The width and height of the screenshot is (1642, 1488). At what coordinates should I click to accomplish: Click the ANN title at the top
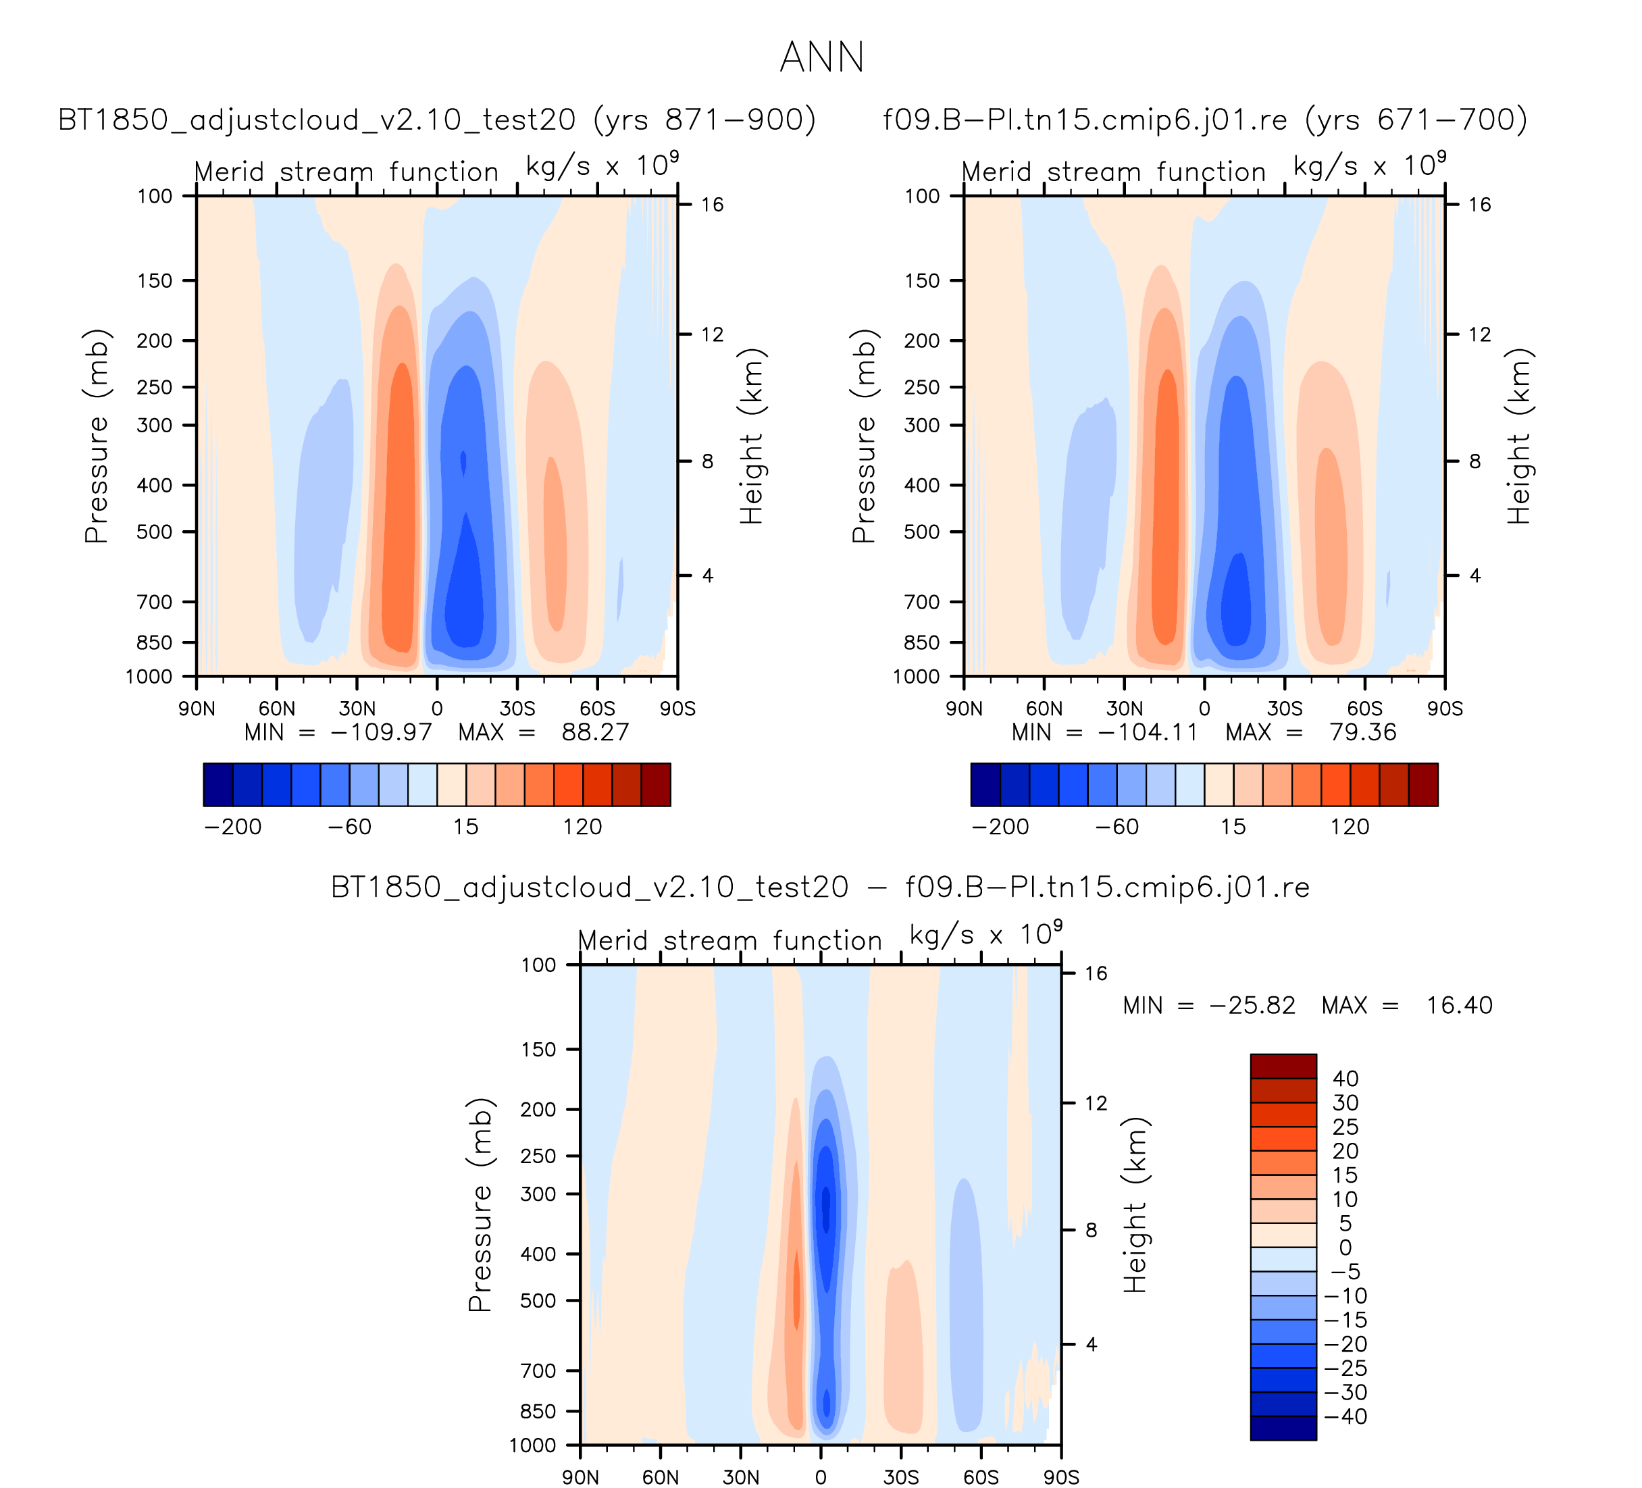pos(821,57)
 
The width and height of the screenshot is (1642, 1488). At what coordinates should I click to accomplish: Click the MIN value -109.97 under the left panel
pos(380,732)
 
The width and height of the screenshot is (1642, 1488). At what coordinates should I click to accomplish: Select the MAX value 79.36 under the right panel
pos(1362,732)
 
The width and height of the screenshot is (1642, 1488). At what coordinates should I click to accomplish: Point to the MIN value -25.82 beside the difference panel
pos(1252,1005)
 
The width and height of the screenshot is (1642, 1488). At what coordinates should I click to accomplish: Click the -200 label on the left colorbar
pos(233,827)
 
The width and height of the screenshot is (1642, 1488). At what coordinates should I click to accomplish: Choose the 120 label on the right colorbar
pos(1350,827)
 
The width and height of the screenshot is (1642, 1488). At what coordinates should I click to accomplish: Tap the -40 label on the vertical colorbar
pos(1345,1416)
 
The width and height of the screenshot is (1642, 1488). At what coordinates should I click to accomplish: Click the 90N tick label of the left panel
pos(197,709)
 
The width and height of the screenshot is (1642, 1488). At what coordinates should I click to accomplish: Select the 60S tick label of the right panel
pos(1364,709)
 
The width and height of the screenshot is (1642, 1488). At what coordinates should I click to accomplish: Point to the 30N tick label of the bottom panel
pos(740,1477)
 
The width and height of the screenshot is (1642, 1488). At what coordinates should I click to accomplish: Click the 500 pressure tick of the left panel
pos(155,532)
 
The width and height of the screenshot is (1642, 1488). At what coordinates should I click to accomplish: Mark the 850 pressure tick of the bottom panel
pos(538,1412)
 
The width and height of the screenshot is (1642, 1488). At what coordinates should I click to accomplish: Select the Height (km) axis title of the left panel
pos(751,436)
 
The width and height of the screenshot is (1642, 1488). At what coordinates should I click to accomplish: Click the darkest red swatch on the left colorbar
pos(656,784)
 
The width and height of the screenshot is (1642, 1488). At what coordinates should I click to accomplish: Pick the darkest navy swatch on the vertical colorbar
pos(1283,1428)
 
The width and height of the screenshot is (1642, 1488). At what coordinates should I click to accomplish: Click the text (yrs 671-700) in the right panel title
pos(1416,120)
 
